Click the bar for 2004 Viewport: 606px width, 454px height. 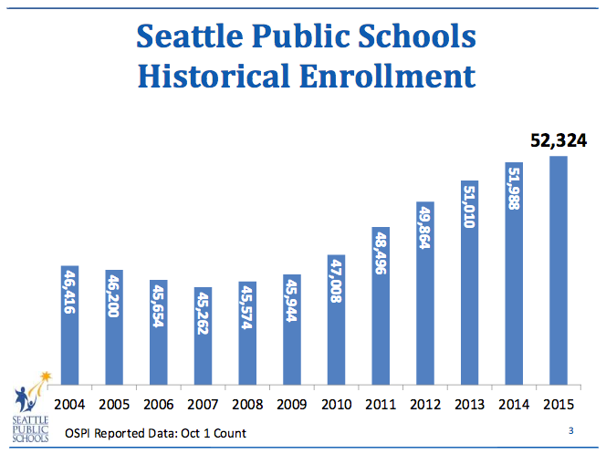[x=69, y=324]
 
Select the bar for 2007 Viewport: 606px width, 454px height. [x=203, y=335]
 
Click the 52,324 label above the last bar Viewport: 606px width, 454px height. [x=559, y=140]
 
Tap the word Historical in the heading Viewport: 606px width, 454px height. [x=215, y=75]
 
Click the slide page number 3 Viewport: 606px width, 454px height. [x=570, y=429]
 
